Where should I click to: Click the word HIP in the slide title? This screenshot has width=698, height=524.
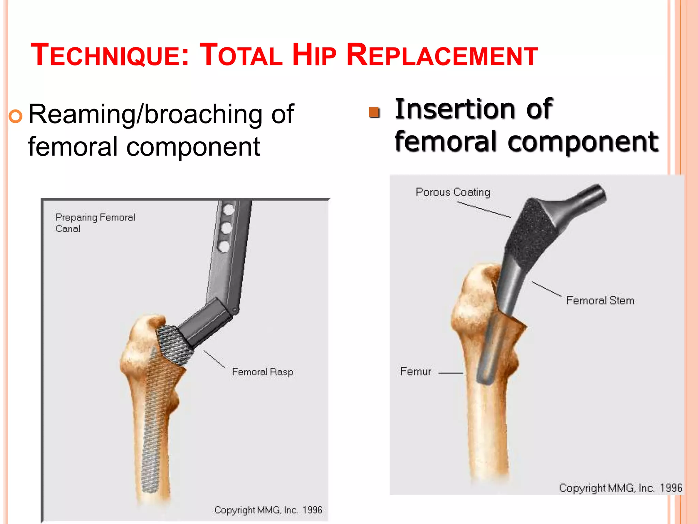(314, 55)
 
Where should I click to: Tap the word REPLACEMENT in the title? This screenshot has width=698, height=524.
(442, 55)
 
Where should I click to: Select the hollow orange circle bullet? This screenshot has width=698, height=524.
(16, 116)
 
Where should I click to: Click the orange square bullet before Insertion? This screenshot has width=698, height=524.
(374, 112)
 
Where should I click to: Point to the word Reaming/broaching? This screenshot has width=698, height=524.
(145, 115)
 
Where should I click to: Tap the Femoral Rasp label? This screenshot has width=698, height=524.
(262, 372)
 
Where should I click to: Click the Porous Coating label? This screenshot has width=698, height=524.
(453, 192)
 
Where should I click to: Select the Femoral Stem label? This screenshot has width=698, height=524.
(600, 301)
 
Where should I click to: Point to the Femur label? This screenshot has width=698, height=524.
(415, 371)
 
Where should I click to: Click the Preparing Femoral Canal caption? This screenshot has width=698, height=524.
(95, 223)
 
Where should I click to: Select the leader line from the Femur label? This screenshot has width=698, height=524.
(450, 373)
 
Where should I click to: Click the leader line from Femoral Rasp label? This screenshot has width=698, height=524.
(214, 359)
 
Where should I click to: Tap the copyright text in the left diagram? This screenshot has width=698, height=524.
(268, 510)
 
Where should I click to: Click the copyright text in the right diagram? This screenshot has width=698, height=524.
(620, 488)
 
